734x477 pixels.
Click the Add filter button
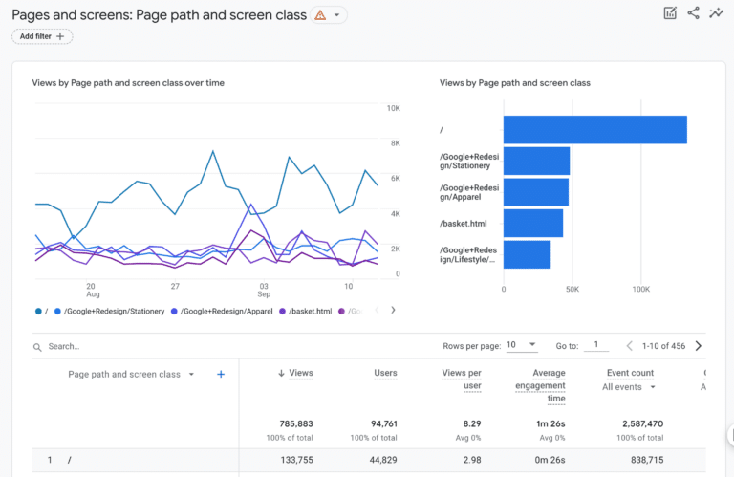(x=42, y=36)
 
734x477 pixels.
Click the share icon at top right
(x=693, y=13)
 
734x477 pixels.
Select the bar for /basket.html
(x=532, y=223)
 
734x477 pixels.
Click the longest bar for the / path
(x=594, y=129)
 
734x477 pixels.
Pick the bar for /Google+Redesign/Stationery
(x=536, y=161)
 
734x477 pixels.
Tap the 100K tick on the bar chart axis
(x=640, y=288)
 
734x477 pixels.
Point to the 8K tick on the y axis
(x=393, y=143)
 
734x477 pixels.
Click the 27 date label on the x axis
(x=175, y=286)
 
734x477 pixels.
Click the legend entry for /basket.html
(x=310, y=311)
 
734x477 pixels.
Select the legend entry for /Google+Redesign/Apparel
(x=226, y=311)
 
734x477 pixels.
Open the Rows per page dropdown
(x=522, y=345)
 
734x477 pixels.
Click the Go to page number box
(x=595, y=345)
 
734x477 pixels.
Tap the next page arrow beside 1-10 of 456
(x=699, y=346)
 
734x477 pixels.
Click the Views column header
(x=299, y=373)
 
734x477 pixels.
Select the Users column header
(x=385, y=373)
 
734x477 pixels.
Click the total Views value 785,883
(x=293, y=423)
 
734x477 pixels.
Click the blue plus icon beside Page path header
(x=221, y=375)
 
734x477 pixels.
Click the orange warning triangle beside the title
(x=320, y=15)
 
